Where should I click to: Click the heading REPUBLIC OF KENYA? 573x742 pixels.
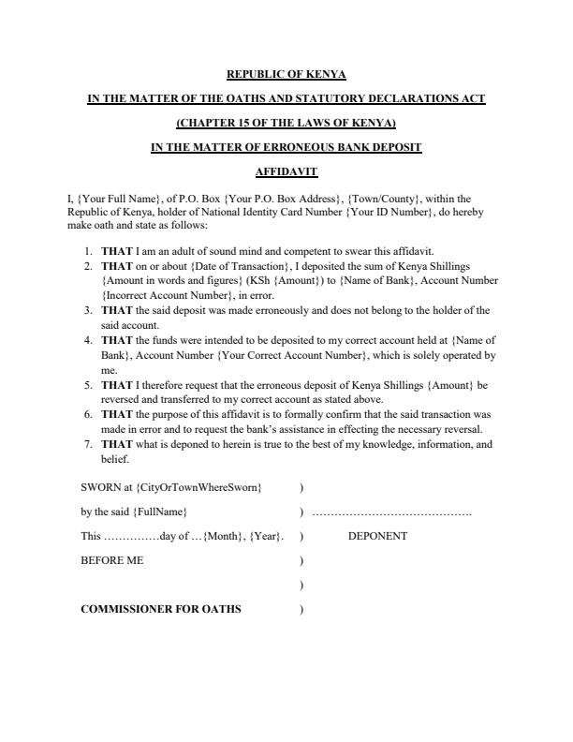(286, 74)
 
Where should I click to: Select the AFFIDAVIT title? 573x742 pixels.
(286, 171)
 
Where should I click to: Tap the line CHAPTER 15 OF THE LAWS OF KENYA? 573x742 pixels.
(286, 123)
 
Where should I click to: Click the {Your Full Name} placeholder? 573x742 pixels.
(71, 198)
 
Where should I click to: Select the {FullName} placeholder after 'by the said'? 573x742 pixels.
(160, 512)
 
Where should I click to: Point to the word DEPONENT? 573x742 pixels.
(377, 536)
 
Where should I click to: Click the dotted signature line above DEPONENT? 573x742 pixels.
(391, 513)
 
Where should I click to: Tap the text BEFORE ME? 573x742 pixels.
(112, 560)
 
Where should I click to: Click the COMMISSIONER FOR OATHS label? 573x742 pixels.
(161, 609)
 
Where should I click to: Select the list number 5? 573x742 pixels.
(88, 385)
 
